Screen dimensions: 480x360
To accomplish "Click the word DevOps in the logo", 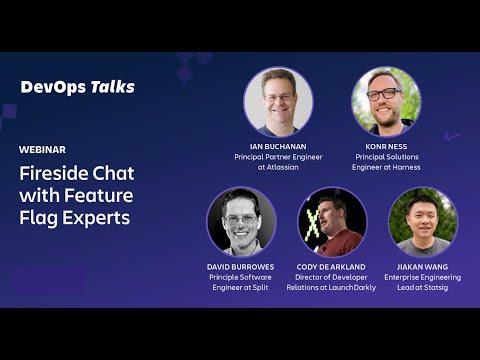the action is [x=53, y=87].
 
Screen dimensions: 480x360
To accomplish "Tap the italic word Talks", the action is [x=113, y=87].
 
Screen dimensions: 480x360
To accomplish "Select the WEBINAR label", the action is [x=42, y=150].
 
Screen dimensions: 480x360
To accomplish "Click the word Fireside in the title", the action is [x=54, y=173].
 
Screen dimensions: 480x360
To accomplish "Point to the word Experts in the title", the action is [x=96, y=218].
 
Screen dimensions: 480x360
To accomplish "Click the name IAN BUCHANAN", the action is [x=278, y=146].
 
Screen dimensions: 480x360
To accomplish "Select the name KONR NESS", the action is [x=386, y=146].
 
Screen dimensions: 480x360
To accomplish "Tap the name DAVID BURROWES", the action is [x=240, y=267].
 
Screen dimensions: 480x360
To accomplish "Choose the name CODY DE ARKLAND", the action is [x=331, y=267].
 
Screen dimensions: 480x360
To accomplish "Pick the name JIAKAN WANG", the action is [x=422, y=267].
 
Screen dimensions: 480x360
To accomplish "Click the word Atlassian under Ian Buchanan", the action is [x=282, y=167].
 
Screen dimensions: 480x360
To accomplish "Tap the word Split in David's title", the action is [x=260, y=287].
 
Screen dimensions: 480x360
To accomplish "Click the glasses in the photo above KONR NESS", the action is [x=384, y=94].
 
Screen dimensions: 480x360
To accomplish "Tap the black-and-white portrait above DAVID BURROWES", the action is [x=241, y=222].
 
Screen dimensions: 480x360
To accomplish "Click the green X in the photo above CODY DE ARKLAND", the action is [x=312, y=227].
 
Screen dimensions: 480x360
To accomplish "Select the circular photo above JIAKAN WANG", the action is [x=423, y=222].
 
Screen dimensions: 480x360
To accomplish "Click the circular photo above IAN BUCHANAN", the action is [x=278, y=102].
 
